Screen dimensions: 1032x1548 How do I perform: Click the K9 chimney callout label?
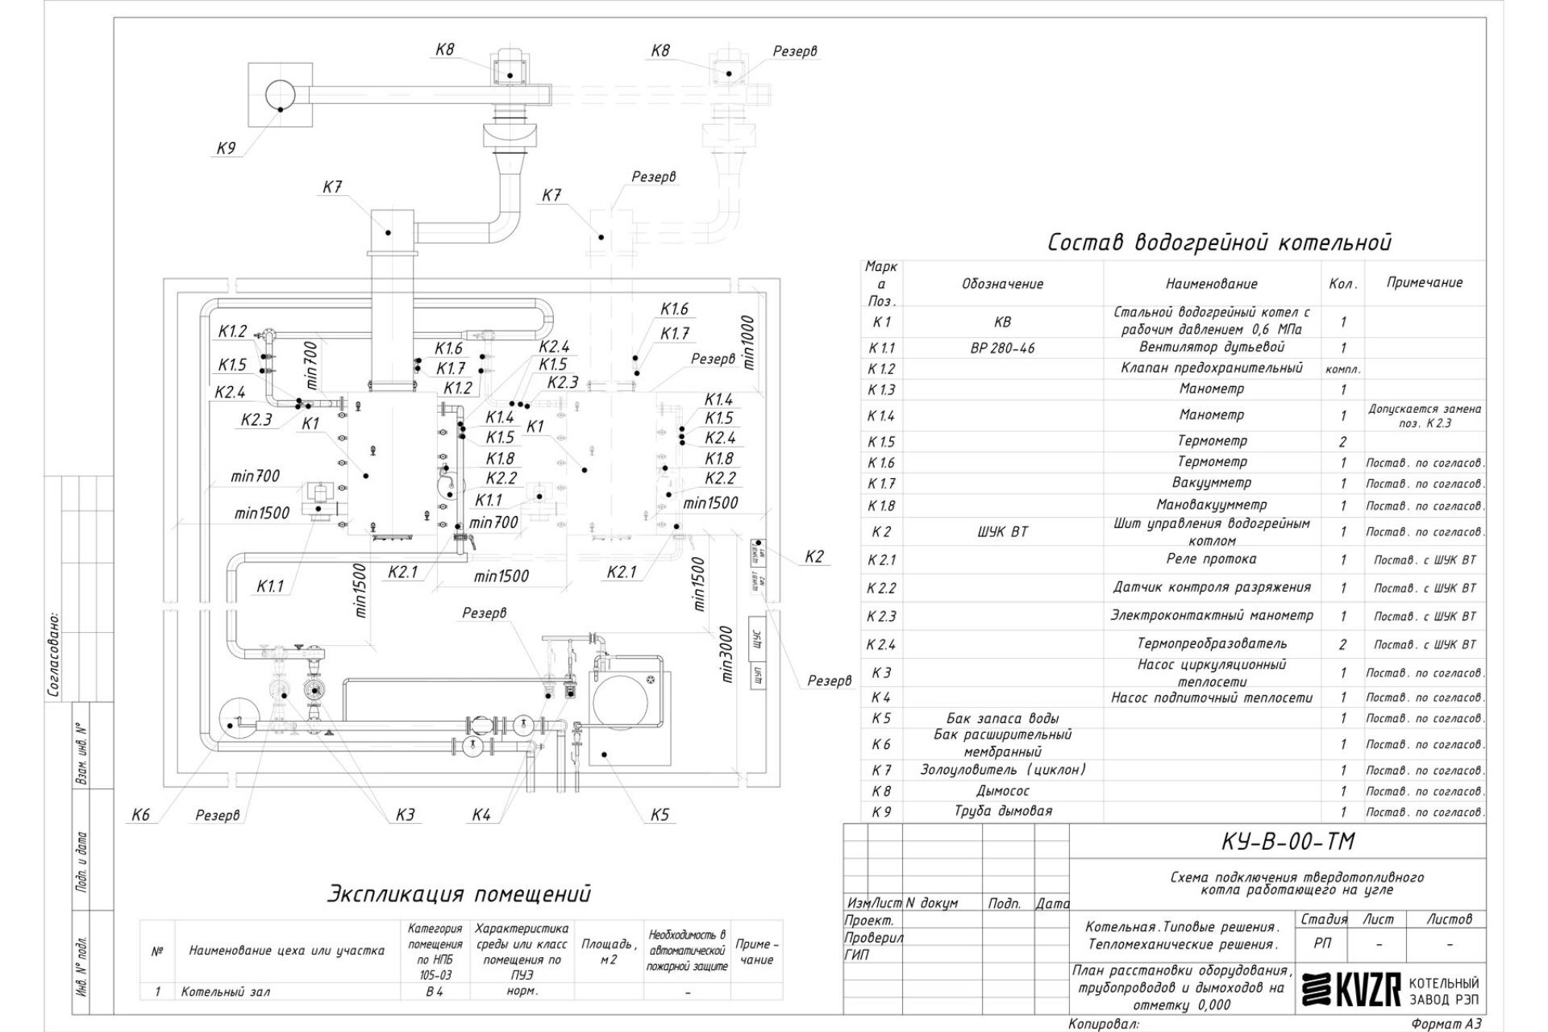(x=226, y=148)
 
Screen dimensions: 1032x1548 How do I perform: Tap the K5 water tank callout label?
(x=660, y=815)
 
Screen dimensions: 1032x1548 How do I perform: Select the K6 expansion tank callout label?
(x=141, y=815)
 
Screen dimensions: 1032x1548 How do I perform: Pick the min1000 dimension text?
(x=747, y=342)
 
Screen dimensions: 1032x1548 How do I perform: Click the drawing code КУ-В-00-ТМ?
(x=1277, y=842)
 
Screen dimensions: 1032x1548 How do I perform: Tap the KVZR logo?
(x=1351, y=991)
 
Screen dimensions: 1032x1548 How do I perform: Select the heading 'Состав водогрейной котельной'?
(x=1219, y=243)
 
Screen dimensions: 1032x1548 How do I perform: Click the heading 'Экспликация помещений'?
(x=459, y=893)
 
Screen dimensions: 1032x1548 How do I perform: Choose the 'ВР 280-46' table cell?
(x=1002, y=348)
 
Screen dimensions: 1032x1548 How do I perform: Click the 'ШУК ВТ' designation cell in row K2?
(x=1002, y=531)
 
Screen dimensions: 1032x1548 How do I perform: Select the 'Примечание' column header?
(x=1424, y=282)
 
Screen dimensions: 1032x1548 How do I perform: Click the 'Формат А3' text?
(x=1446, y=1024)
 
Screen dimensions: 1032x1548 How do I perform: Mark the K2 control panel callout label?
(x=814, y=556)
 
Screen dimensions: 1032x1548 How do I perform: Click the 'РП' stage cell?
(x=1322, y=943)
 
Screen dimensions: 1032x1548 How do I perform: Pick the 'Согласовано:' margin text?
(x=54, y=653)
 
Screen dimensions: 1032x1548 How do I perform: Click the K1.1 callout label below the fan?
(x=270, y=586)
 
